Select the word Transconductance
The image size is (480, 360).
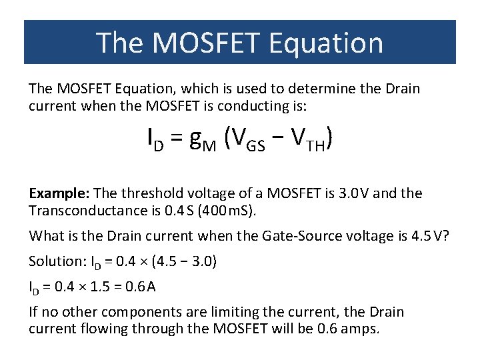point(86,211)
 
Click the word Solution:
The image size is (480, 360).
point(54,261)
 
